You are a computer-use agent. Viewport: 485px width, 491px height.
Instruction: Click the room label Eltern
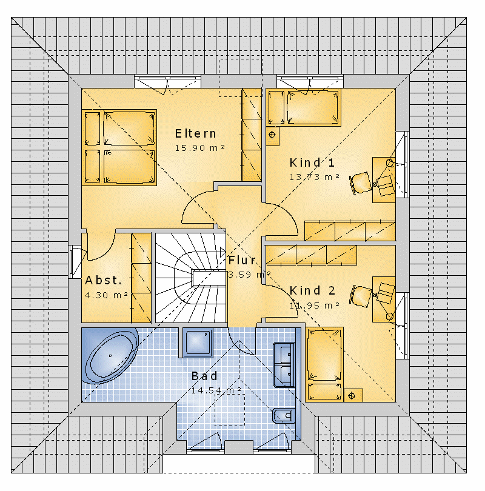pyautogui.click(x=195, y=134)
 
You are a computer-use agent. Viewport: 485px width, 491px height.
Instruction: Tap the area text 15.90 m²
pyautogui.click(x=200, y=148)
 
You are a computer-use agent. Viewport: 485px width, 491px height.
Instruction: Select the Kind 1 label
pyautogui.click(x=312, y=163)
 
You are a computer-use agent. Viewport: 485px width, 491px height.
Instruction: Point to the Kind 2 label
pyautogui.click(x=312, y=290)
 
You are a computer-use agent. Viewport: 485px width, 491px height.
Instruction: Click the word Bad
pyautogui.click(x=204, y=376)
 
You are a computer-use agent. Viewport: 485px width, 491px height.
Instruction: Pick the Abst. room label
pyautogui.click(x=103, y=280)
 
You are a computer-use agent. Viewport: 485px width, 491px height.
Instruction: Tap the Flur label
pyautogui.click(x=242, y=260)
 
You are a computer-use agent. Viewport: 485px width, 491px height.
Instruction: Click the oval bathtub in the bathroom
pyautogui.click(x=110, y=356)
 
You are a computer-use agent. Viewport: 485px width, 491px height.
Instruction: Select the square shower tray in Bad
pyautogui.click(x=198, y=342)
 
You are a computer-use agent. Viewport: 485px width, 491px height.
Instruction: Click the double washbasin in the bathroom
pyautogui.click(x=284, y=365)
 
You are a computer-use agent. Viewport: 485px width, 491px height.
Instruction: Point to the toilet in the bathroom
pyautogui.click(x=284, y=416)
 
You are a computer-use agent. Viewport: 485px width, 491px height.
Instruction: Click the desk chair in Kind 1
pyautogui.click(x=360, y=182)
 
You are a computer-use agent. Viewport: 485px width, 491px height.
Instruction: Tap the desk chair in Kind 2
pyautogui.click(x=361, y=295)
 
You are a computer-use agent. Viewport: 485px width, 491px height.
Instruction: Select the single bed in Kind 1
pyautogui.click(x=303, y=107)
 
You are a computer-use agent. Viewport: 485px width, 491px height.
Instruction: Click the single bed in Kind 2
pyautogui.click(x=324, y=364)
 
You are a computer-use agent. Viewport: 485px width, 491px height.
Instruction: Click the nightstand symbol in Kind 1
pyautogui.click(x=272, y=135)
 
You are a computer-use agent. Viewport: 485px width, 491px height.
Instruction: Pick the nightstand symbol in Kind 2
pyautogui.click(x=352, y=396)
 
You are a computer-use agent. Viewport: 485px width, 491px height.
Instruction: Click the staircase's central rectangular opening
pyautogui.click(x=209, y=278)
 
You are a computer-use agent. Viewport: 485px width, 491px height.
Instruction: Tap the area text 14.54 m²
pyautogui.click(x=216, y=390)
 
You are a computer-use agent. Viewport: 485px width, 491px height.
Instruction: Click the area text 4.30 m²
pyautogui.click(x=107, y=295)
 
